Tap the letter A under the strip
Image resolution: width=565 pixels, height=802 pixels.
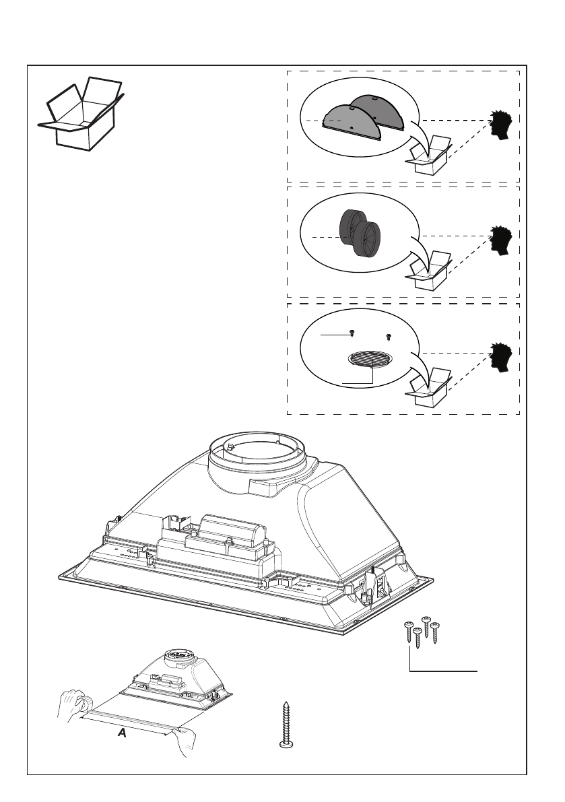click(x=121, y=734)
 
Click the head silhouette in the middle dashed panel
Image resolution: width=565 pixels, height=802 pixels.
click(x=502, y=240)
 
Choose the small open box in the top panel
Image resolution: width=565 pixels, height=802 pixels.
click(x=429, y=157)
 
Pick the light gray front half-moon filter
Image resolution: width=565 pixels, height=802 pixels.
click(x=350, y=121)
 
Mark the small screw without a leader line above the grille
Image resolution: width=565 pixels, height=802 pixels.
click(x=388, y=336)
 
